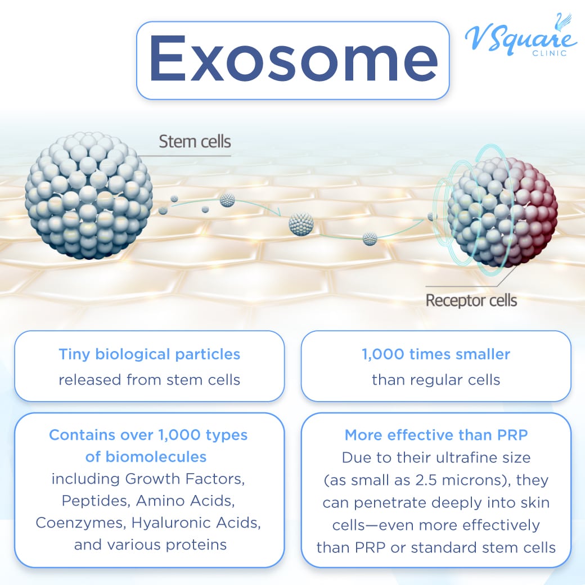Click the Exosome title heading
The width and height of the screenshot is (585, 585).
click(292, 60)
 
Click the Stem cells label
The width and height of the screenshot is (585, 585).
click(195, 141)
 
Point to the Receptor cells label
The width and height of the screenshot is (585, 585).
click(471, 300)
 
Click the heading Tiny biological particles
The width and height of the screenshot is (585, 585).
click(149, 354)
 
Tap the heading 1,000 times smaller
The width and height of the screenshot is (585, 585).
click(436, 354)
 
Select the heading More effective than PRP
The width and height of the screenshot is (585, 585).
click(436, 435)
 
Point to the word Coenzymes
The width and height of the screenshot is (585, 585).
click(79, 523)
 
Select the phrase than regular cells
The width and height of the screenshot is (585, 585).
click(436, 380)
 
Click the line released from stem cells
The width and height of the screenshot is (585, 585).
click(149, 380)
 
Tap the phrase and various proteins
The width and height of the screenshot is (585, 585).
click(149, 544)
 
